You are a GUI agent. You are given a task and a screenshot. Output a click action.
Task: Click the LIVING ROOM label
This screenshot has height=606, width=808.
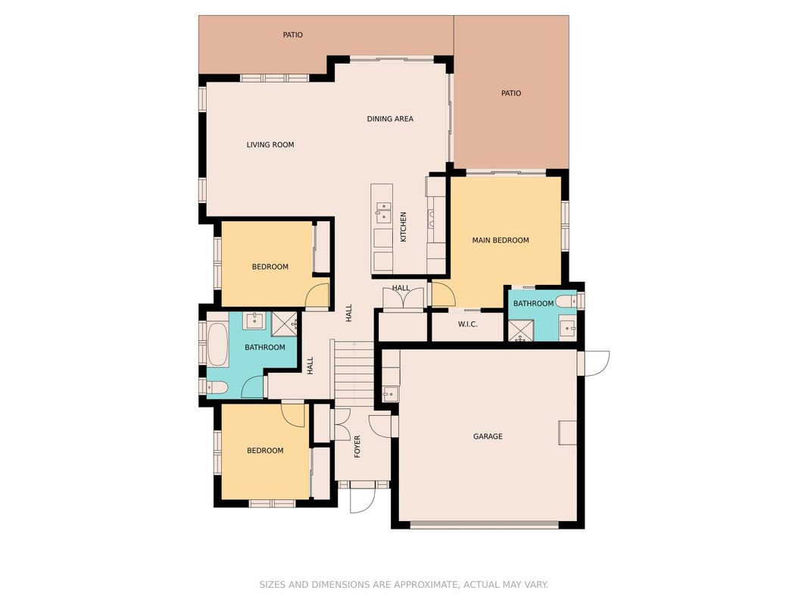pyautogui.click(x=270, y=145)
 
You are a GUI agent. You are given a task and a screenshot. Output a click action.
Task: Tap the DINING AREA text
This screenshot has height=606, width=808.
pyautogui.click(x=390, y=119)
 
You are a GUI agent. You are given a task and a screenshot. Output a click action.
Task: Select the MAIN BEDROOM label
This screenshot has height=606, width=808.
pyautogui.click(x=501, y=240)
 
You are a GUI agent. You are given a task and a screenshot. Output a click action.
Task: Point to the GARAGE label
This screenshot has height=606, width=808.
pyautogui.click(x=488, y=436)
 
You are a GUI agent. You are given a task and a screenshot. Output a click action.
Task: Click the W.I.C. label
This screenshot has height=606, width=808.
pyautogui.click(x=467, y=324)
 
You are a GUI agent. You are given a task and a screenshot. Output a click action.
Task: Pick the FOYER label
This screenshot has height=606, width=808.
pyautogui.click(x=357, y=446)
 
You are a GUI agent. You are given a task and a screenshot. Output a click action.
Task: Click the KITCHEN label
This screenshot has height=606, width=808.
pyautogui.click(x=404, y=226)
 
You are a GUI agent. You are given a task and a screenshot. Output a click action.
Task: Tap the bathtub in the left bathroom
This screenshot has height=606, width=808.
pyautogui.click(x=217, y=344)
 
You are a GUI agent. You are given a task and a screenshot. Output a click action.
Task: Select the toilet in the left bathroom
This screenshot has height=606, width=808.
pyautogui.click(x=217, y=387)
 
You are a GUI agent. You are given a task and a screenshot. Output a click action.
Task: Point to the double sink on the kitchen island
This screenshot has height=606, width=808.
pyautogui.click(x=383, y=212)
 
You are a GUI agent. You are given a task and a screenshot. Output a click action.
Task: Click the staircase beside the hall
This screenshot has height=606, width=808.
pyautogui.click(x=353, y=374)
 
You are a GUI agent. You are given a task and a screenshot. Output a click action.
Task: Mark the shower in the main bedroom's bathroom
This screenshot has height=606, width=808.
pyautogui.click(x=521, y=330)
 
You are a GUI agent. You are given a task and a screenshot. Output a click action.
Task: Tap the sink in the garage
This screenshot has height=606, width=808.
pyautogui.click(x=390, y=394)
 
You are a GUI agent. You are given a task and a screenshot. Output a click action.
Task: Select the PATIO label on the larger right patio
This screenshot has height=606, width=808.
pyautogui.click(x=510, y=93)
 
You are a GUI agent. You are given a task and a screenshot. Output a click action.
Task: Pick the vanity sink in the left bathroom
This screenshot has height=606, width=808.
pyautogui.click(x=254, y=320)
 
